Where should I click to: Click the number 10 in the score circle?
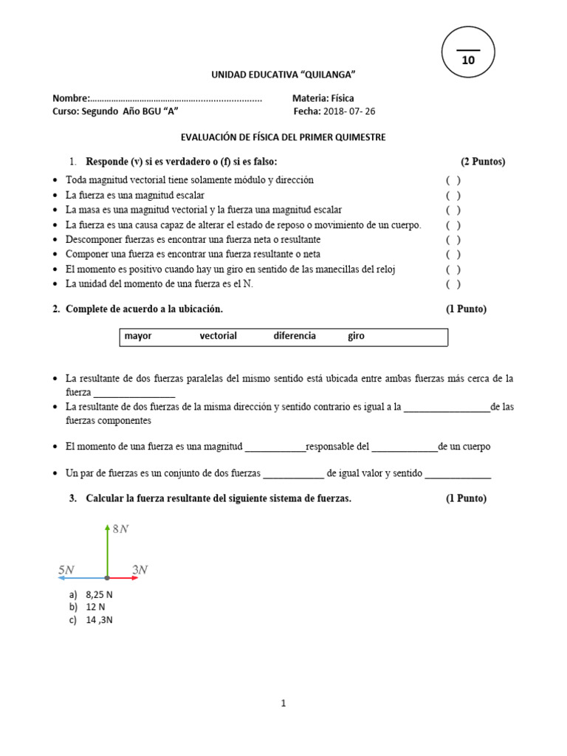468,61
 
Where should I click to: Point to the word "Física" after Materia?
343,97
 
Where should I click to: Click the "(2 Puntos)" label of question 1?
483,162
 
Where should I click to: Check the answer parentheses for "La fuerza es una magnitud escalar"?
453,196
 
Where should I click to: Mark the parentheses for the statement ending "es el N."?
453,284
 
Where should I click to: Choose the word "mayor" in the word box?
138,336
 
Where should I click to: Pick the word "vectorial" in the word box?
218,336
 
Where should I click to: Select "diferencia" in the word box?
295,336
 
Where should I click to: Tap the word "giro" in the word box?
356,336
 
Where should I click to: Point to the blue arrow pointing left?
81,578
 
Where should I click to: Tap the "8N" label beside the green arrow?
120,529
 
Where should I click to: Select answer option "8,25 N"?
99,594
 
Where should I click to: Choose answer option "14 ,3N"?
99,620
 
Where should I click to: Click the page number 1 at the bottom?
283,704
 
